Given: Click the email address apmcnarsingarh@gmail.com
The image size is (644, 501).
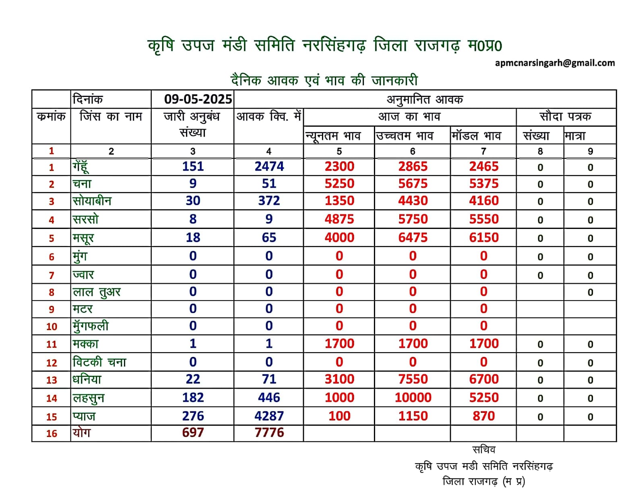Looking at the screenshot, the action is coord(555,63).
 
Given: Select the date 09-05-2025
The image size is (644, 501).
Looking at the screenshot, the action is coord(198,99).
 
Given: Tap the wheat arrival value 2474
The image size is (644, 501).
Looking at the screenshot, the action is coord(269,166).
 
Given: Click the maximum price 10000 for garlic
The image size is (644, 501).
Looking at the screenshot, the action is coord(413,397).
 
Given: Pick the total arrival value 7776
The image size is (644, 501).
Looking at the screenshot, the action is coord(269,432).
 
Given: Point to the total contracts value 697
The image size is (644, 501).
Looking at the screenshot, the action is coord(193,432).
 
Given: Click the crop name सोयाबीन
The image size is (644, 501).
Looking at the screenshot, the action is coord(92,201).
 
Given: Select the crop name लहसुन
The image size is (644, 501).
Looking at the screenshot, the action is coord(88,398).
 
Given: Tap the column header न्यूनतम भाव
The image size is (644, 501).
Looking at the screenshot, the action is coord(333,136).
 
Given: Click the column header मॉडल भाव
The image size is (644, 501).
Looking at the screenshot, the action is coord(476,136).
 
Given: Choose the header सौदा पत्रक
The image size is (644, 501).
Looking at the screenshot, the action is coord(565,116).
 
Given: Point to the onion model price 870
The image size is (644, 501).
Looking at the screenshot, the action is coord(483,416).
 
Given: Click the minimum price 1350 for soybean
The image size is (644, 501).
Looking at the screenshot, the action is coord(339,200).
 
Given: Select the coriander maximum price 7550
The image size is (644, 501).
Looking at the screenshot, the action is coord(413,379).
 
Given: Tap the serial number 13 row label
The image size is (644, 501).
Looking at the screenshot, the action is coord(51,380).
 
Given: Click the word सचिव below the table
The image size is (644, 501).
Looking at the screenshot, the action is coord(484,450).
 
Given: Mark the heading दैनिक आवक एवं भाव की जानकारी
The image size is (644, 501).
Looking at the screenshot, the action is coord(324,80).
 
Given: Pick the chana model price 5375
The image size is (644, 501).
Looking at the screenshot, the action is coord(483,183).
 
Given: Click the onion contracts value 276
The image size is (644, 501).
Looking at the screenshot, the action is coord(193,416).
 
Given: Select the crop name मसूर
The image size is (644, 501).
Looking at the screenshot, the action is coord(83,238).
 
